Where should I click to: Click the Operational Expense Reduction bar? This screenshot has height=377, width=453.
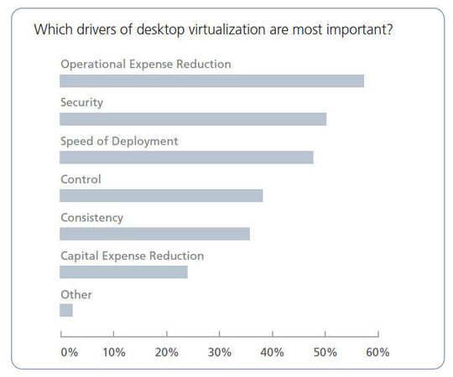(211, 81)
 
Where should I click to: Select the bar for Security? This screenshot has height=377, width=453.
(193, 119)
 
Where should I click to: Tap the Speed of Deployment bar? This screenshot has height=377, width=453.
(186, 158)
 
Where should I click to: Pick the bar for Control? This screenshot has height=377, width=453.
(161, 195)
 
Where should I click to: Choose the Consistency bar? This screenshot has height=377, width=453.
(154, 234)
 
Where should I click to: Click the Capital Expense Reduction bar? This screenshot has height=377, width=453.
(123, 272)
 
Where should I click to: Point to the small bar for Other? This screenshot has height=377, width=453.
(66, 310)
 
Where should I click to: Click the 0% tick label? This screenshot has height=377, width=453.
(70, 353)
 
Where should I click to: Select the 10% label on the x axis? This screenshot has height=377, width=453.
(114, 353)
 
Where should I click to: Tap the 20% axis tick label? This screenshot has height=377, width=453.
(167, 353)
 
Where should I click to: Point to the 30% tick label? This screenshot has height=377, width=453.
(220, 353)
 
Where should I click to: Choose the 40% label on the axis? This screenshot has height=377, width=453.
(273, 353)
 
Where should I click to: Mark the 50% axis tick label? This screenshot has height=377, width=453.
(325, 353)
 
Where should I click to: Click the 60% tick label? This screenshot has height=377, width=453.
(378, 353)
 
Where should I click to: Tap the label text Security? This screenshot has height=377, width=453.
(81, 102)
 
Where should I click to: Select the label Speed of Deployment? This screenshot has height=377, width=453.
(119, 141)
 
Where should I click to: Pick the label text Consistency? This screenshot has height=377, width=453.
(91, 217)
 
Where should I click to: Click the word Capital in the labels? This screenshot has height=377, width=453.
(81, 256)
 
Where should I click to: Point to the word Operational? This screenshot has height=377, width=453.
(92, 64)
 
